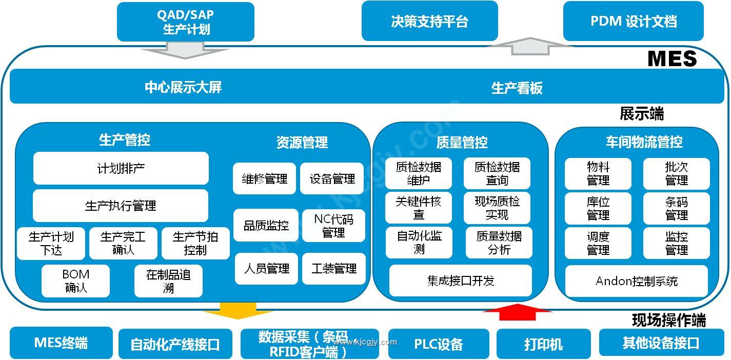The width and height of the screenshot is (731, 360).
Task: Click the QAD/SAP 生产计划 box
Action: pos(185,22)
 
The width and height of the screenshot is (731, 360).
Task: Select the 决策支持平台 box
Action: pos(429,21)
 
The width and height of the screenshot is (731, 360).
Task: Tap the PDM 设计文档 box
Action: pos(633,21)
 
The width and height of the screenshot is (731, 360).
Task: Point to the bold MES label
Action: pos(672,59)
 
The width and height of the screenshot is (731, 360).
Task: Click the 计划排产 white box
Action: pos(121,168)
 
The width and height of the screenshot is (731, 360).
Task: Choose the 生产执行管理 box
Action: pos(121,206)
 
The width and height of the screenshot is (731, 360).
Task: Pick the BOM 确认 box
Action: pos(75,281)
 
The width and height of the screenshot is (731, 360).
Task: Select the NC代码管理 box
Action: pos(333,226)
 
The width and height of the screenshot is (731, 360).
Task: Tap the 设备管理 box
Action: pos(332,178)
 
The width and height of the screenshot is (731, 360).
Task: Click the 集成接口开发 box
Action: pos(461,281)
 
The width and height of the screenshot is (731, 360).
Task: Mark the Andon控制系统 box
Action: pos(637,281)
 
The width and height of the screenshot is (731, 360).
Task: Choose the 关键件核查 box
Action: pos(419,208)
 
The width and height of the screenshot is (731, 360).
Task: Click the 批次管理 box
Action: pos(677,174)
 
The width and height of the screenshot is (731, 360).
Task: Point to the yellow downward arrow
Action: pos(238,310)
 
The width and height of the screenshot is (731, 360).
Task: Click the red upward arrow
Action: pos(517,312)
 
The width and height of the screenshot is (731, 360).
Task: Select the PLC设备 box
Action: pos(439,344)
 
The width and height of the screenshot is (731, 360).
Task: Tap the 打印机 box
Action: pos(543,344)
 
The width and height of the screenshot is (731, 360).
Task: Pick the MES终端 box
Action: pos(61,343)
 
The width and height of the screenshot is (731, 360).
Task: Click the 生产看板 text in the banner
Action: pos(517,88)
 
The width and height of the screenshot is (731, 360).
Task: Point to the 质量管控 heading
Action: pos(462,142)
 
